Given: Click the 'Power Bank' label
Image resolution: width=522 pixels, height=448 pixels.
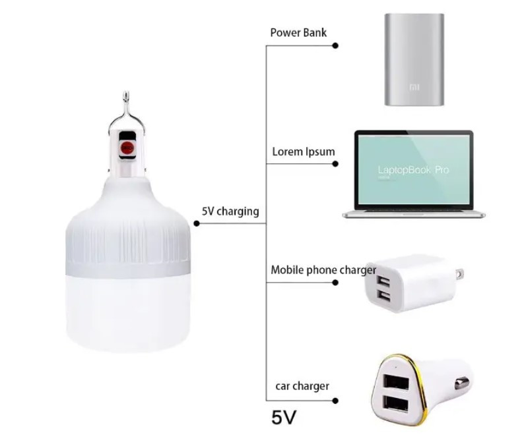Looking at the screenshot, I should (298, 32).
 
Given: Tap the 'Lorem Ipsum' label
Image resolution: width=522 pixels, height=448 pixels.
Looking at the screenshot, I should (303, 152).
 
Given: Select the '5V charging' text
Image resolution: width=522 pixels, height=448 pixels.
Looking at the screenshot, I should (230, 211).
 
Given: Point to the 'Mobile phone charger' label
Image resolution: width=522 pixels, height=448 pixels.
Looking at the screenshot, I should (323, 269).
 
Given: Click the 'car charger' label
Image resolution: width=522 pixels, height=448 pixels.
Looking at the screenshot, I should (302, 386).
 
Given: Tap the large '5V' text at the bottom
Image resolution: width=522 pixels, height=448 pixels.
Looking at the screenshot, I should (284, 417).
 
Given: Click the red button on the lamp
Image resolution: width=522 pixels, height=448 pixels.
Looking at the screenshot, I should (127, 147).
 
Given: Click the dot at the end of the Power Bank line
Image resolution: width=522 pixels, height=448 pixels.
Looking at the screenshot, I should (335, 45).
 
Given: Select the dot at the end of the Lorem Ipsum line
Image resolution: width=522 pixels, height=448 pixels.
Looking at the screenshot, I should (335, 165).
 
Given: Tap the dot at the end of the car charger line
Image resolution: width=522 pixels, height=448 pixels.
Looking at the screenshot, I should (335, 400).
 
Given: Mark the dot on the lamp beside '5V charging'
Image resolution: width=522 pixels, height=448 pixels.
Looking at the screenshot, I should (196, 224).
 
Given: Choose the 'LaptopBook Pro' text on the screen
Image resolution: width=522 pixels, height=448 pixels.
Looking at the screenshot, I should (413, 170).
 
